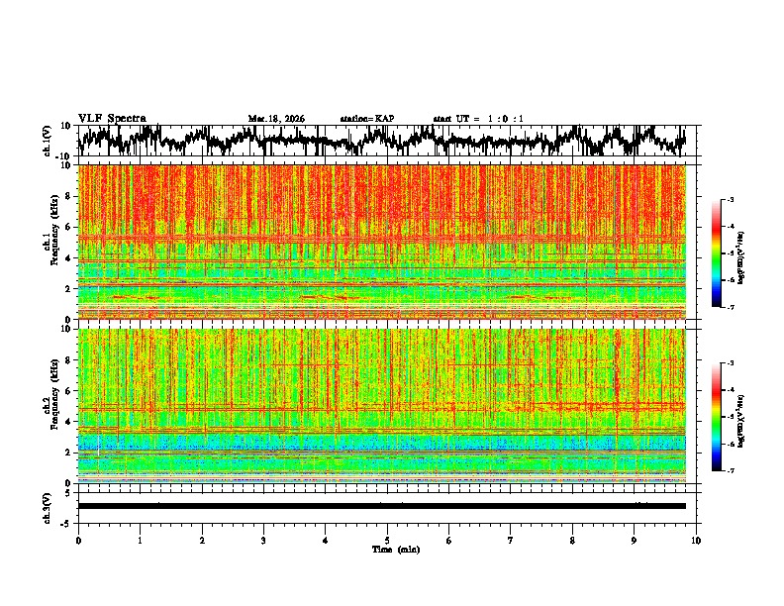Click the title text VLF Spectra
click(x=112, y=118)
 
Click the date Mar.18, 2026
click(x=276, y=119)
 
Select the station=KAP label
click(x=366, y=119)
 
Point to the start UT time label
click(x=478, y=119)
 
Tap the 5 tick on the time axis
click(x=387, y=541)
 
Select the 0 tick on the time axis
click(x=78, y=541)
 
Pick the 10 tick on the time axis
click(x=696, y=541)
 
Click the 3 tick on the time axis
click(x=263, y=541)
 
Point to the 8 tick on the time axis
click(x=572, y=541)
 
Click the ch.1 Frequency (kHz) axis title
click(x=50, y=242)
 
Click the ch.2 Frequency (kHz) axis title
click(x=50, y=405)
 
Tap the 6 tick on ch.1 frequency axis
click(x=66, y=227)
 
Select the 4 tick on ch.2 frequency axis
click(x=66, y=421)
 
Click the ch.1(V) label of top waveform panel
click(x=48, y=141)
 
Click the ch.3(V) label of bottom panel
click(x=48, y=506)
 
